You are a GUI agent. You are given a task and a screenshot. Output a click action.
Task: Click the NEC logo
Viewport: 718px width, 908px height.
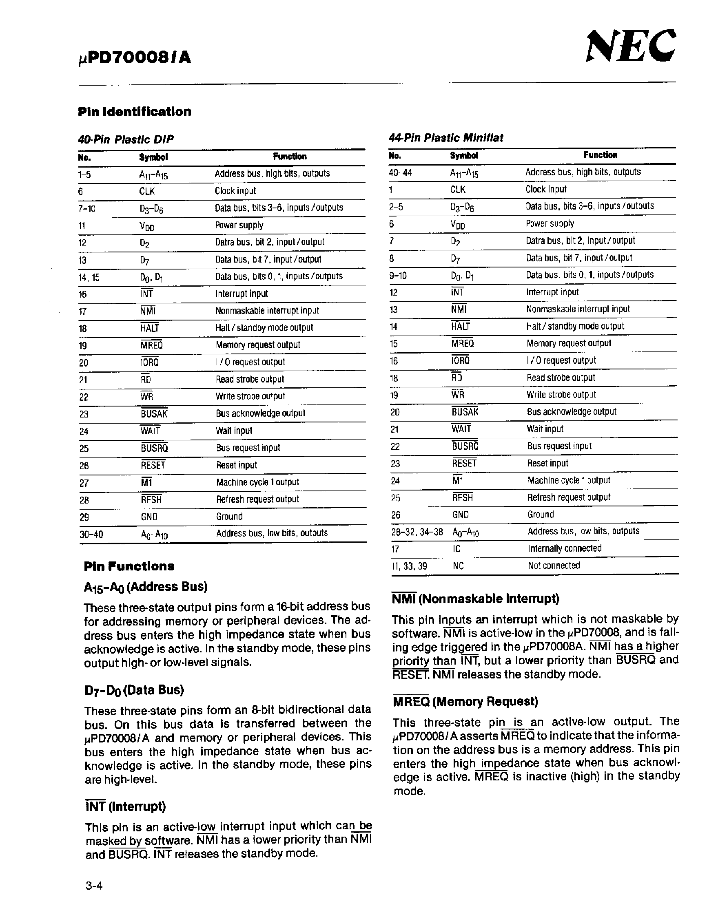pyautogui.click(x=631, y=46)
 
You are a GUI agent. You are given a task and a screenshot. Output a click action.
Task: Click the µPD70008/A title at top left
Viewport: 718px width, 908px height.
pyautogui.click(x=135, y=57)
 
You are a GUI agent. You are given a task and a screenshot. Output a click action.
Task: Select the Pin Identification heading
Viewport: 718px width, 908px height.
pyautogui.click(x=135, y=111)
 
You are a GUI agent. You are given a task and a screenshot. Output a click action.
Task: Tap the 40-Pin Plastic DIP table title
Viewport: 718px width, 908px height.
pyautogui.click(x=126, y=139)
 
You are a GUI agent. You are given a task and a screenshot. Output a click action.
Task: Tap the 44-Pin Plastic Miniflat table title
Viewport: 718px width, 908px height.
pyautogui.click(x=445, y=138)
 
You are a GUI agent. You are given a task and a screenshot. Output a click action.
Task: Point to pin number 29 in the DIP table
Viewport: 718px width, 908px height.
pyautogui.click(x=84, y=517)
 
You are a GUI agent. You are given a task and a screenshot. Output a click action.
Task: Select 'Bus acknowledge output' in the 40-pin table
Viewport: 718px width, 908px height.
pyautogui.click(x=260, y=413)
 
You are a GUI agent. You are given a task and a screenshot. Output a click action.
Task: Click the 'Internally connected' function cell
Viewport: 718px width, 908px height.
pyautogui.click(x=565, y=548)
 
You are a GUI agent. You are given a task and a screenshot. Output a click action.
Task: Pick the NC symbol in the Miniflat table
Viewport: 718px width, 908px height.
pyautogui.click(x=458, y=566)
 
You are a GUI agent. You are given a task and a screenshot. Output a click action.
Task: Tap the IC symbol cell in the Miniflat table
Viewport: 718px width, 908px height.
pyautogui.click(x=457, y=549)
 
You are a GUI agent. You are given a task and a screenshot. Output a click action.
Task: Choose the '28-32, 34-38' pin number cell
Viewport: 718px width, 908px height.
pyautogui.click(x=417, y=532)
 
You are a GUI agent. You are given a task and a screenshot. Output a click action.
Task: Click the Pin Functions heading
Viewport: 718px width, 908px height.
pyautogui.click(x=129, y=566)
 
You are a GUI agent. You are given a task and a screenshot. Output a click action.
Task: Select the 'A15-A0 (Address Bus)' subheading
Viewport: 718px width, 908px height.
pyautogui.click(x=146, y=587)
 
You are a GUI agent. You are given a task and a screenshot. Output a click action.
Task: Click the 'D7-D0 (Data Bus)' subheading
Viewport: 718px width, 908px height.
pyautogui.click(x=134, y=690)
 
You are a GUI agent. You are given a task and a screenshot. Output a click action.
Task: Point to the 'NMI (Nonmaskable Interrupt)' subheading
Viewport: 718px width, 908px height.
pyautogui.click(x=475, y=598)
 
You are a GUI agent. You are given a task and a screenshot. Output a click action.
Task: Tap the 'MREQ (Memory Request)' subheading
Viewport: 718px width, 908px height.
pyautogui.click(x=465, y=701)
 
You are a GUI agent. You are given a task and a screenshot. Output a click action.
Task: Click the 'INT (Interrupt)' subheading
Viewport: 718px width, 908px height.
pyautogui.click(x=125, y=806)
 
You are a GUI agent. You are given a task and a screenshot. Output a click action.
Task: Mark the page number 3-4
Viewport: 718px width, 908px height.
pyautogui.click(x=94, y=886)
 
